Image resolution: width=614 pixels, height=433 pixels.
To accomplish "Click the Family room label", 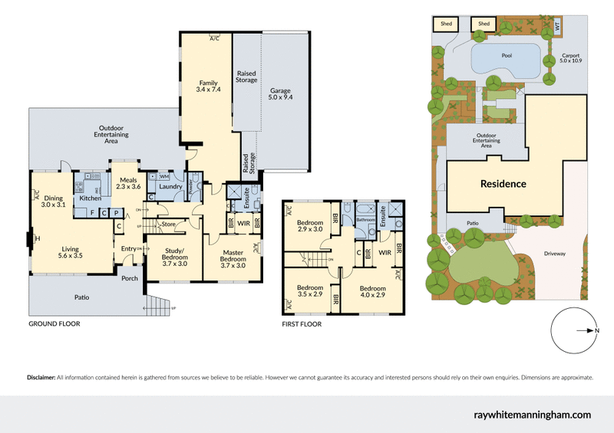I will tap(209, 87).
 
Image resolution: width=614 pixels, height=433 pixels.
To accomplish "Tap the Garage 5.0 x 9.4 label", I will tap(280, 93).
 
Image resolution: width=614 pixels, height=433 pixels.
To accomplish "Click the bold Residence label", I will tap(503, 184).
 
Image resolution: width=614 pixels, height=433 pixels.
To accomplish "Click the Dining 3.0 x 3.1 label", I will tap(53, 201).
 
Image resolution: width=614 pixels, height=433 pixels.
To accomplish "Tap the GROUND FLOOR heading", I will tap(54, 323).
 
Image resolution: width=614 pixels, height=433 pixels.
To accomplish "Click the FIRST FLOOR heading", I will tap(302, 323).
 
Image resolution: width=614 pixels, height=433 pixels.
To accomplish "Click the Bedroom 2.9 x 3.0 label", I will tap(311, 227).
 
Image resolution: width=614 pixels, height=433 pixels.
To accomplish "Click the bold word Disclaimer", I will tap(41, 378).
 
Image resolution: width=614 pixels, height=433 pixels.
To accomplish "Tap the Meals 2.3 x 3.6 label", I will tap(128, 183).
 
